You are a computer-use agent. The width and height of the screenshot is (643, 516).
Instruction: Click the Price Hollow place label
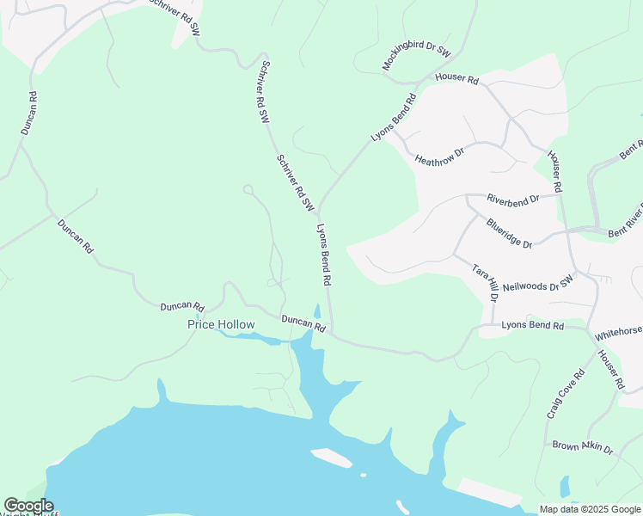[222, 324]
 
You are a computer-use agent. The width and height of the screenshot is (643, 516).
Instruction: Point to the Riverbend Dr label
[512, 199]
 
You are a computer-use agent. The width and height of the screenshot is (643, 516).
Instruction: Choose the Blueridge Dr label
[509, 233]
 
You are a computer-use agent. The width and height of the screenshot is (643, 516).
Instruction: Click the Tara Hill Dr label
[485, 282]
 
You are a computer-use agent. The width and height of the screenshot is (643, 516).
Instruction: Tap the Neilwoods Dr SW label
[537, 285]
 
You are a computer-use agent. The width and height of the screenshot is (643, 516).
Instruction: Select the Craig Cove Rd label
[565, 394]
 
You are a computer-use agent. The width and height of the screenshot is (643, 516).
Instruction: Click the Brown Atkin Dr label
[583, 447]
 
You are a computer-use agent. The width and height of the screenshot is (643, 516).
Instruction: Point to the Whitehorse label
[618, 331]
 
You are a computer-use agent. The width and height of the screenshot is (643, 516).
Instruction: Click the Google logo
[28, 506]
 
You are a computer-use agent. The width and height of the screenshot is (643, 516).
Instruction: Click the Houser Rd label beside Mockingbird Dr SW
[456, 77]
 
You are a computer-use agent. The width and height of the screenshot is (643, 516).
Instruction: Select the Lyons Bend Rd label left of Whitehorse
[532, 326]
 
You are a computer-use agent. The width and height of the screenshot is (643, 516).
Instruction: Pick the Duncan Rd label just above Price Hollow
[181, 306]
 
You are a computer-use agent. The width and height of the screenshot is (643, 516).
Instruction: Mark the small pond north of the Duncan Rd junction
[317, 310]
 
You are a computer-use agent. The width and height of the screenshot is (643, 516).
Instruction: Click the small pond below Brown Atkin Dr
[564, 487]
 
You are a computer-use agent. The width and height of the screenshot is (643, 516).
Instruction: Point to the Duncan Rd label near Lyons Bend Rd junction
[303, 323]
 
